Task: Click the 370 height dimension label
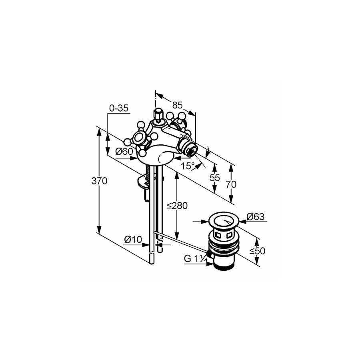(x=99, y=181)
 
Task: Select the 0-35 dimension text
(x=119, y=108)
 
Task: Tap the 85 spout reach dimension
(x=177, y=105)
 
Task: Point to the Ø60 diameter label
(x=124, y=151)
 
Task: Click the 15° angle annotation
(x=188, y=166)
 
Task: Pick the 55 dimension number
(x=215, y=178)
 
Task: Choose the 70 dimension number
(x=231, y=184)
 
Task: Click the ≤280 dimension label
(x=177, y=206)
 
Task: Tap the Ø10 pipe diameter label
(x=133, y=240)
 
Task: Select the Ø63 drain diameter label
(x=256, y=216)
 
